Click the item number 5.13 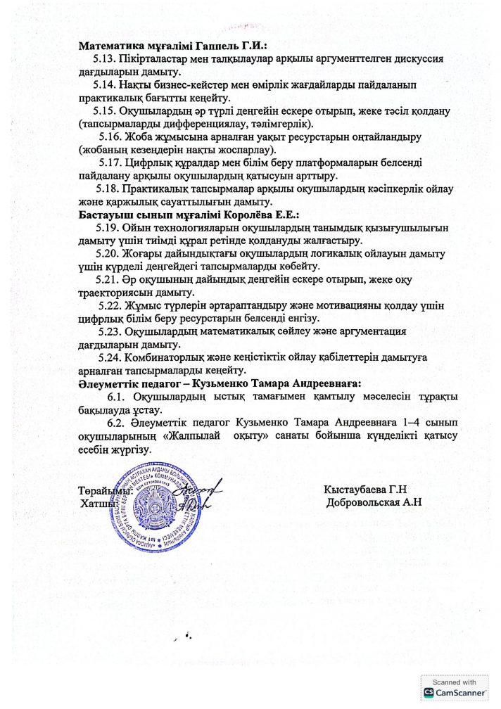point(106,59)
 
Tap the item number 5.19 point(108,228)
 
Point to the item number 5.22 point(113,305)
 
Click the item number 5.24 point(111,357)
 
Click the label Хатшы point(98,504)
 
